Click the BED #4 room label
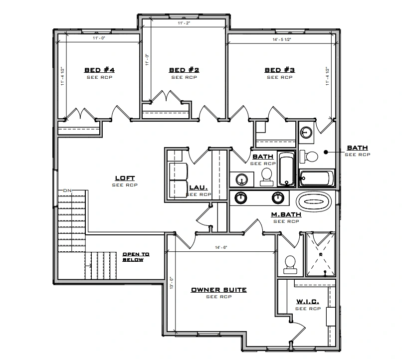[99, 70]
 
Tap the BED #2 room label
[184, 70]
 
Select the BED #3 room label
[280, 70]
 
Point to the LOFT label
[125, 178]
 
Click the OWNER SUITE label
[219, 290]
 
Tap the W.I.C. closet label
[308, 302]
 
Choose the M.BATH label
[286, 214]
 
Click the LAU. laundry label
[199, 187]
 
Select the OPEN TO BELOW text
[136, 257]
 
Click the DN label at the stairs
[67, 190]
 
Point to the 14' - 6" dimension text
[221, 247]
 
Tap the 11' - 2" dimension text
[184, 23]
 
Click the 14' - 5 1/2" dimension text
[282, 39]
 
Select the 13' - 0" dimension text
[172, 283]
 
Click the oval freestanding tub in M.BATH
[314, 201]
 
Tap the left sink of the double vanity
[240, 198]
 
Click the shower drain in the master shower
[321, 254]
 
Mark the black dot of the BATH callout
[326, 152]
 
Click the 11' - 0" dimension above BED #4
[99, 38]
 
